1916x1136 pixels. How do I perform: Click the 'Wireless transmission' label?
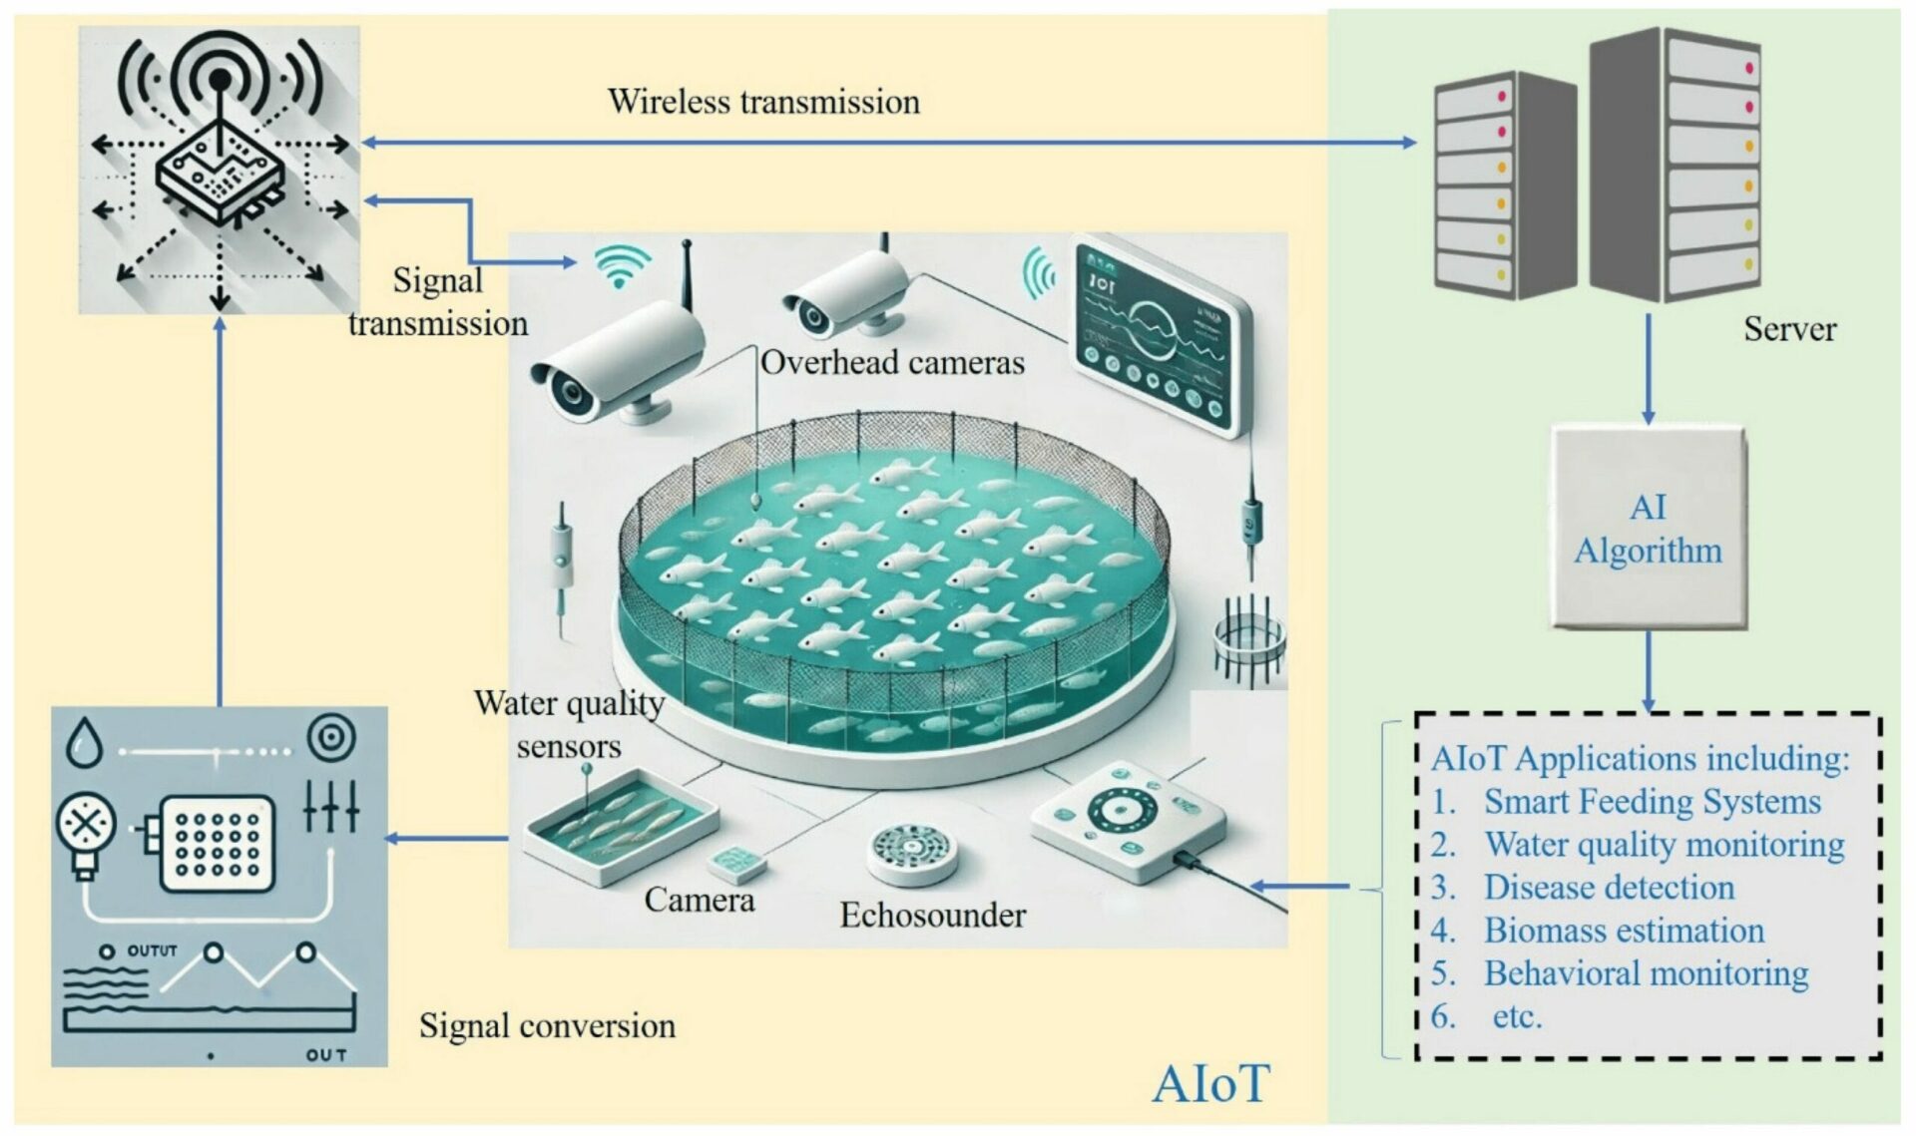(x=763, y=102)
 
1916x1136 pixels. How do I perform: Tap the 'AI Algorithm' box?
(x=1648, y=529)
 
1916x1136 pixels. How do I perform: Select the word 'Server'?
(x=1789, y=329)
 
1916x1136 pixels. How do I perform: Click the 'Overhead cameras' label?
(x=892, y=362)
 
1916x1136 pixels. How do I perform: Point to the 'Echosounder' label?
(x=932, y=915)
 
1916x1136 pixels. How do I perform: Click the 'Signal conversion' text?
(x=547, y=1025)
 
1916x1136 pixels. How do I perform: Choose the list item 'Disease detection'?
(x=1609, y=887)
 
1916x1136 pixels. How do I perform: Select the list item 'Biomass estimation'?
(x=1624, y=930)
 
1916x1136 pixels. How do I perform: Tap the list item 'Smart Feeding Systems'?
(x=1652, y=801)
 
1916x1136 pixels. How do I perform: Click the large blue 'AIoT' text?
(x=1209, y=1083)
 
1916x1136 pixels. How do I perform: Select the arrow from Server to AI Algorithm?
(x=1648, y=369)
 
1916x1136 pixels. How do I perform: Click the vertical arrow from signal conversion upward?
(x=221, y=509)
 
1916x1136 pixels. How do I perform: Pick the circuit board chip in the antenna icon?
(x=220, y=175)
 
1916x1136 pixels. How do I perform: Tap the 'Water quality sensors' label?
(x=569, y=724)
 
